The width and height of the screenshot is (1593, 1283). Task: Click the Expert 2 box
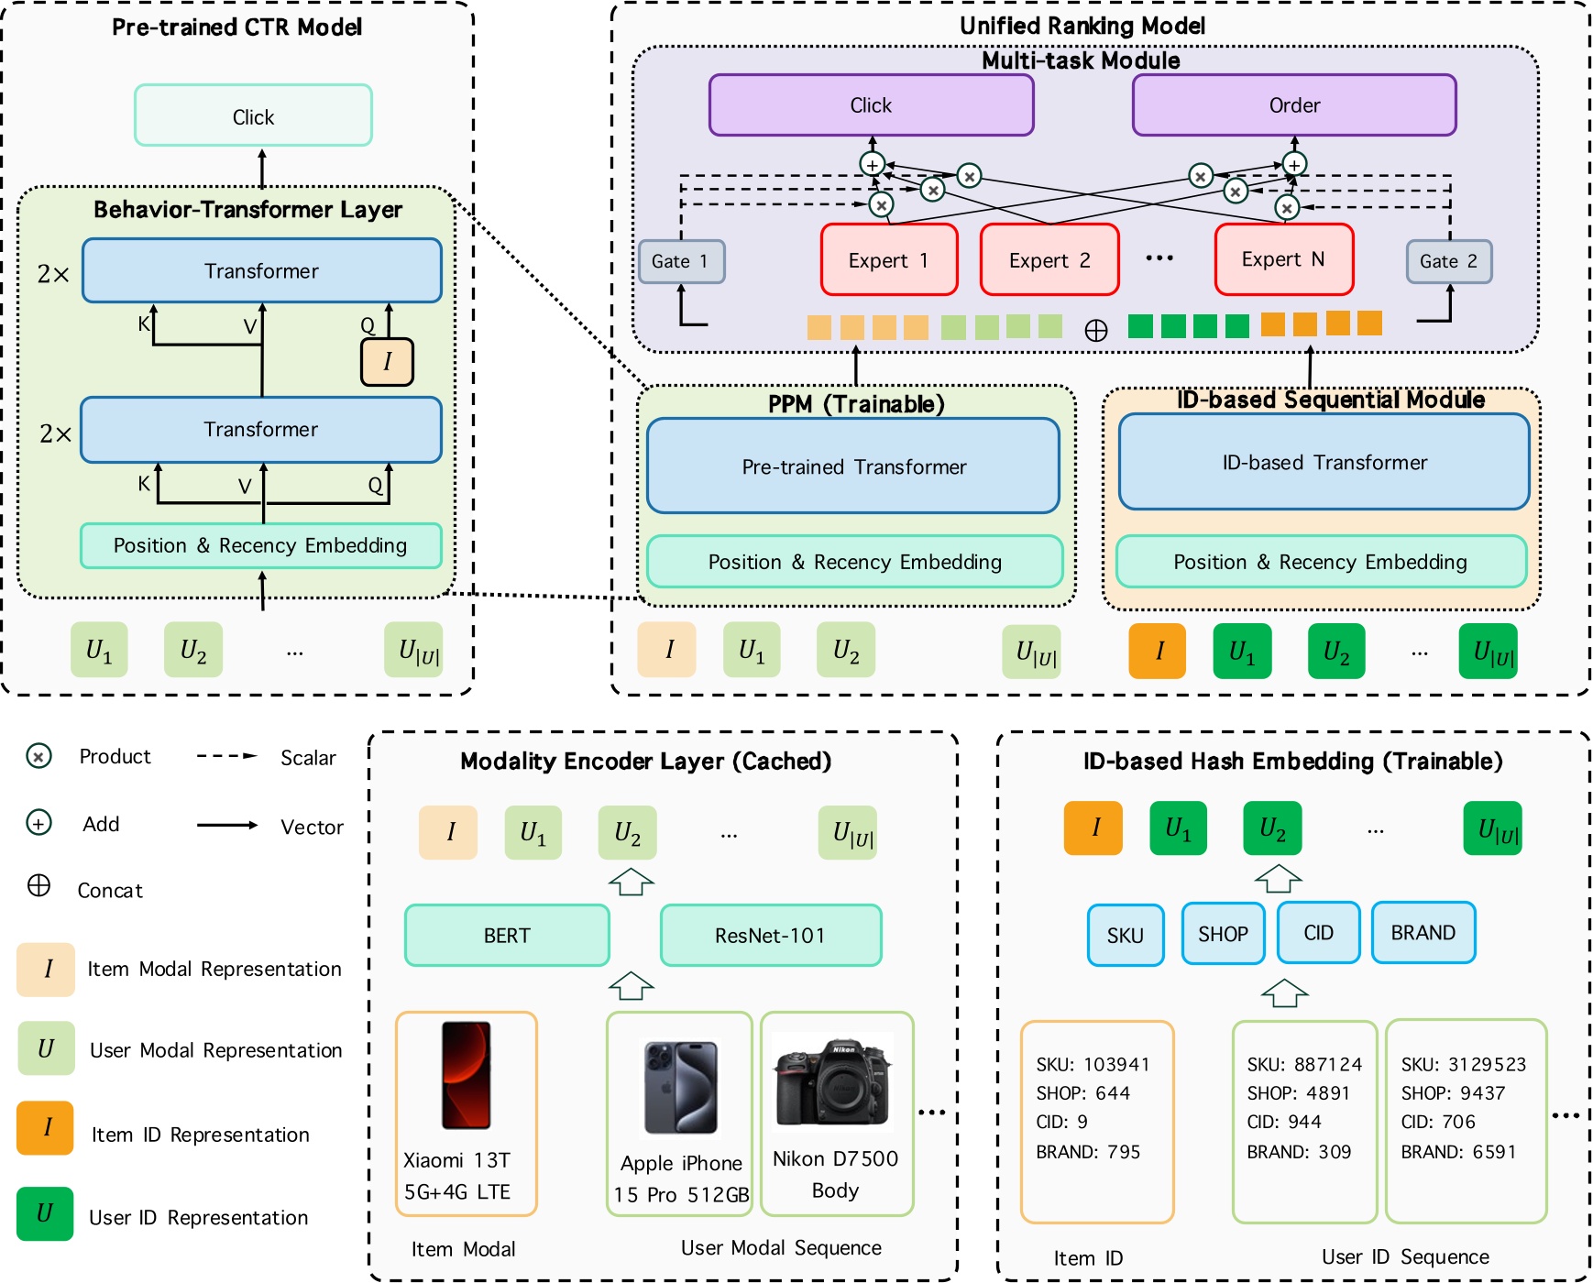[x=1049, y=260]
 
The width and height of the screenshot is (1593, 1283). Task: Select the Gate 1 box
[x=681, y=261]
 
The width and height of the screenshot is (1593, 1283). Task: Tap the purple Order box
[x=1293, y=105]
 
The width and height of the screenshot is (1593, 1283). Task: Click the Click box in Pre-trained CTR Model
[x=253, y=116]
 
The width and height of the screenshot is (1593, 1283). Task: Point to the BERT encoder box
[x=507, y=935]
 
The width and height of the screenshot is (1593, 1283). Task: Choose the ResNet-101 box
[x=770, y=935]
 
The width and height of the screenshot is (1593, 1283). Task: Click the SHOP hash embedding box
[x=1223, y=933]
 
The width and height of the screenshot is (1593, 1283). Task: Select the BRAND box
[x=1423, y=932]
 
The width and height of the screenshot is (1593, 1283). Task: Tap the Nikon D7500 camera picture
[x=833, y=1081]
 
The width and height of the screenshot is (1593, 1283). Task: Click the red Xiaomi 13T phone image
[x=466, y=1074]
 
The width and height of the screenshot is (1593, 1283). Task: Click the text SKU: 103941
[x=1093, y=1064]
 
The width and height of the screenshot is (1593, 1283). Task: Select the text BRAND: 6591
[x=1458, y=1151]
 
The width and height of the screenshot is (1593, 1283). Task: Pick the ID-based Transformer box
[x=1324, y=462]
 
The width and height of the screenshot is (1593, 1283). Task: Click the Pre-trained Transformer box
[x=853, y=466]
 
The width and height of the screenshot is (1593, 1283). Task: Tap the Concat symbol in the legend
[x=38, y=885]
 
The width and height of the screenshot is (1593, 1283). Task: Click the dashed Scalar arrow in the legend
[x=226, y=756]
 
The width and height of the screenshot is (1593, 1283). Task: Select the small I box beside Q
[x=387, y=361]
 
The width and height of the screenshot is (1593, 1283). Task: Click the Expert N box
[x=1282, y=259]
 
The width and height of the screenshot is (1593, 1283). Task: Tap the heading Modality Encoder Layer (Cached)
[x=645, y=761]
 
